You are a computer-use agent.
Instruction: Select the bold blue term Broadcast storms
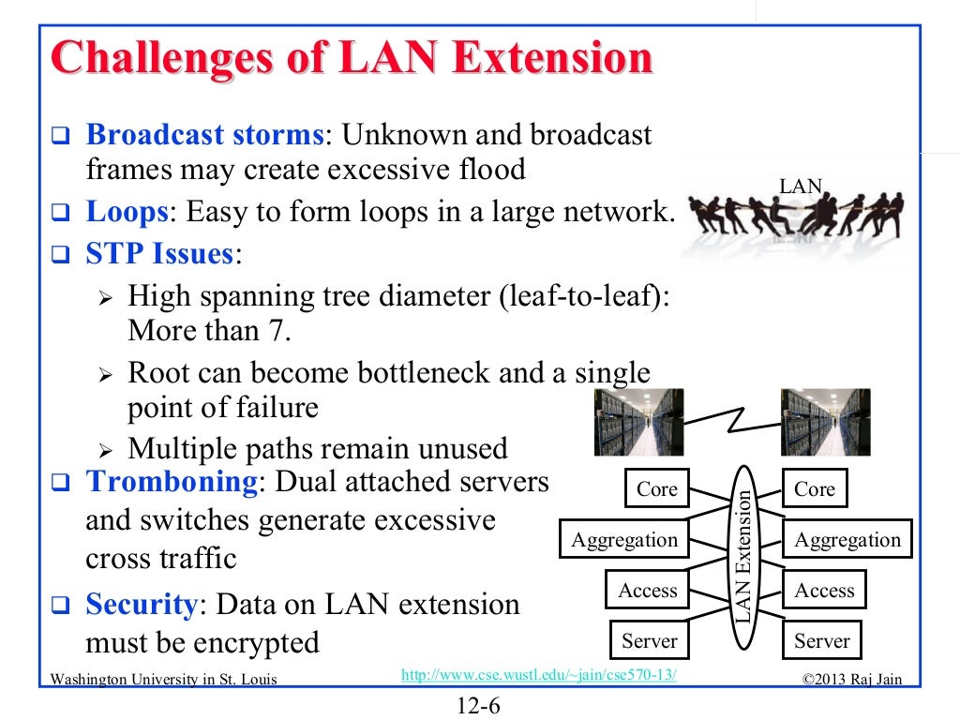pyautogui.click(x=204, y=135)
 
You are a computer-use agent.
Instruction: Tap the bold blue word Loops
pyautogui.click(x=127, y=212)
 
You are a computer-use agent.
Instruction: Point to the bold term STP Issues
pyautogui.click(x=159, y=254)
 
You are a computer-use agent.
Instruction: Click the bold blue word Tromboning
pyautogui.click(x=171, y=482)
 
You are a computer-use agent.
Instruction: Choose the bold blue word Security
pyautogui.click(x=142, y=605)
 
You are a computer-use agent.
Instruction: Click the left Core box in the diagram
pyautogui.click(x=656, y=489)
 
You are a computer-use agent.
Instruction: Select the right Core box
pyautogui.click(x=814, y=489)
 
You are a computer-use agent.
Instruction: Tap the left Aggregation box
pyautogui.click(x=624, y=540)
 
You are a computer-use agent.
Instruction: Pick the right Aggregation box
pyautogui.click(x=847, y=540)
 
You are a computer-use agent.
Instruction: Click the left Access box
pyautogui.click(x=647, y=591)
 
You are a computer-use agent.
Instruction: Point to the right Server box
pyautogui.click(x=821, y=641)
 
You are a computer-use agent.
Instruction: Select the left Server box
pyautogui.click(x=649, y=641)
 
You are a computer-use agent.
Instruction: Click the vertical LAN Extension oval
pyautogui.click(x=742, y=557)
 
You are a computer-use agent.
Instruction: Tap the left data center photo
pyautogui.click(x=638, y=423)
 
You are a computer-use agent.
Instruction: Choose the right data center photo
pyautogui.click(x=825, y=423)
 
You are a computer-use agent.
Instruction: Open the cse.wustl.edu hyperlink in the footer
pyautogui.click(x=538, y=676)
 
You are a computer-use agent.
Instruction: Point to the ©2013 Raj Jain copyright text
pyautogui.click(x=852, y=679)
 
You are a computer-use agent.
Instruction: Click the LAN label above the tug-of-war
pyautogui.click(x=800, y=187)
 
